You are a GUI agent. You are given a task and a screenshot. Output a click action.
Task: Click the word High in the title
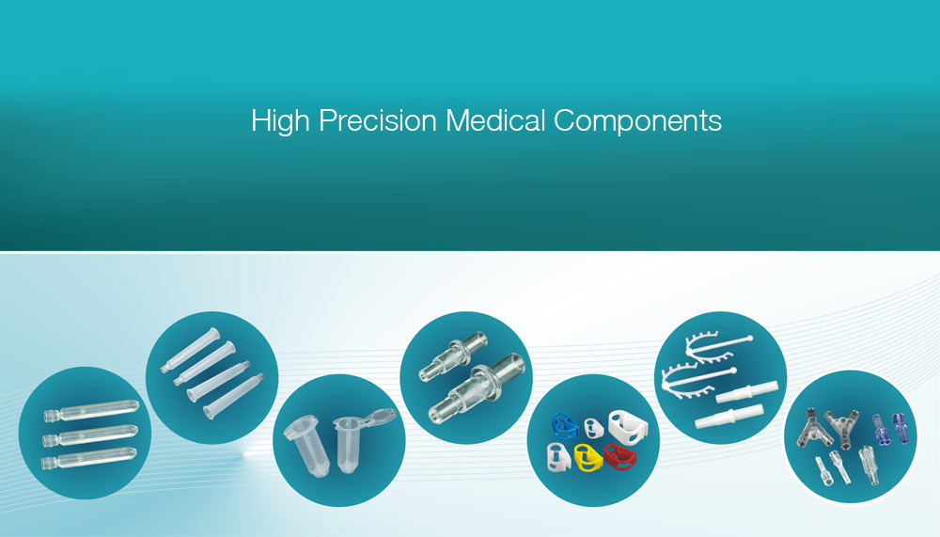pos(280,121)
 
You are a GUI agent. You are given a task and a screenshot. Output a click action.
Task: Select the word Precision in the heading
pos(378,120)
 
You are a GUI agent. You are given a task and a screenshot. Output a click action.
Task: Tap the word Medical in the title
pos(495,120)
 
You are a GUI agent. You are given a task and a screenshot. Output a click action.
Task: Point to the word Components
pos(637,121)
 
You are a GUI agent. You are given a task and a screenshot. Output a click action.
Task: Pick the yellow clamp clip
pos(588,457)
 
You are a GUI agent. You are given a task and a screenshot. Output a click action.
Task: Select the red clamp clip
pos(619,457)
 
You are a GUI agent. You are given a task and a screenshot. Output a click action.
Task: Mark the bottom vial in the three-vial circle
pos(89,458)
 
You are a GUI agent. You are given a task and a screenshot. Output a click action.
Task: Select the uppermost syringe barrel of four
pos(190,351)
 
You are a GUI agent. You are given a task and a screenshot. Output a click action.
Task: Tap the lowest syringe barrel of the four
pos(234,395)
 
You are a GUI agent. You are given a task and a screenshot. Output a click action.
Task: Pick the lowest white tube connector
pos(729,417)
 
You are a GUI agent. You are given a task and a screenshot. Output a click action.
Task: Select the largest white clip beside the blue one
pos(628,426)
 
